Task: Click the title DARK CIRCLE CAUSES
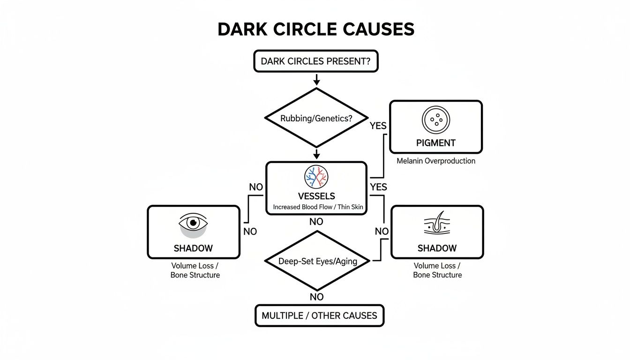tap(316, 30)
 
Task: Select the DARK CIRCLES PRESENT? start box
tap(316, 61)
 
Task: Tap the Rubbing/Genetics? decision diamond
tap(316, 118)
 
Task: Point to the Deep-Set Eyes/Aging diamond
tap(317, 261)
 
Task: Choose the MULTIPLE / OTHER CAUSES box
tap(319, 315)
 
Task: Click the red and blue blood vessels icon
tap(316, 177)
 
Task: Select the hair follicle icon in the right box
tap(437, 224)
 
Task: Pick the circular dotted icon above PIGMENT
tap(436, 120)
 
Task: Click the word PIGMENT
tap(436, 143)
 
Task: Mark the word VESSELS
tap(316, 196)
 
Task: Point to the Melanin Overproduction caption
tap(436, 161)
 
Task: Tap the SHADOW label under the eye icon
tap(193, 248)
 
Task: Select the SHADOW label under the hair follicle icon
tap(437, 248)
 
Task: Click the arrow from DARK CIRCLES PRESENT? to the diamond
tap(316, 79)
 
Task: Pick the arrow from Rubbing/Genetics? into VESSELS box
tap(316, 154)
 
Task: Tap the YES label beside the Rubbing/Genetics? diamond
tap(378, 126)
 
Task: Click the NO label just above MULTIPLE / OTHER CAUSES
tap(317, 297)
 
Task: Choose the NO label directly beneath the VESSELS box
tap(316, 222)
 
